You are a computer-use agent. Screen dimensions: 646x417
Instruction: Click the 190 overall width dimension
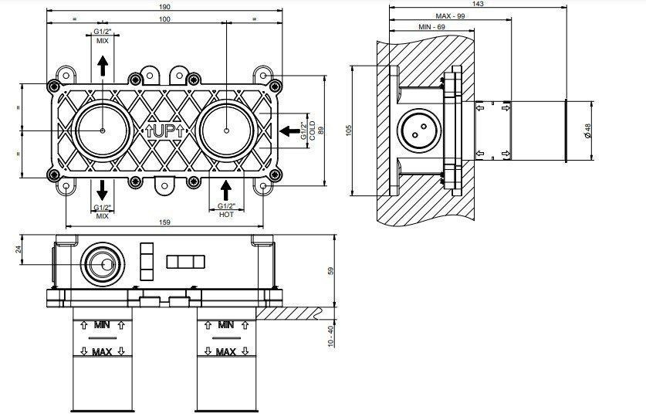coord(164,7)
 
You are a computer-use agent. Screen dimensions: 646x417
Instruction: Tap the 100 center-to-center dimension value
coord(164,19)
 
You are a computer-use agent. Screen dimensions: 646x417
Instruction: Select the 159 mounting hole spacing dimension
coord(164,222)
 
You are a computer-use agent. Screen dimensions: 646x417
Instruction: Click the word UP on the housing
coord(164,131)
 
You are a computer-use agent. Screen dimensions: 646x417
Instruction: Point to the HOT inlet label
coord(226,214)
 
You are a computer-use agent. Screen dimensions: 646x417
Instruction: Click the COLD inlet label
coord(312,131)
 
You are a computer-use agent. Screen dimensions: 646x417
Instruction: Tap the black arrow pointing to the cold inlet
coord(289,131)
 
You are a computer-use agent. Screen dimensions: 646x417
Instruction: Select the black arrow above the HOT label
coord(226,191)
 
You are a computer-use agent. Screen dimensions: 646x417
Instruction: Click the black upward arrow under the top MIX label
coord(103,66)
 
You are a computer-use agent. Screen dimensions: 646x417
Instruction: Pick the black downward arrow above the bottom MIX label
coord(102,190)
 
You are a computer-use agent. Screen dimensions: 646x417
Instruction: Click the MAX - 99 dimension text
coord(450,16)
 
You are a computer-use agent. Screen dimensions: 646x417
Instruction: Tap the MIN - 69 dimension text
coord(431,27)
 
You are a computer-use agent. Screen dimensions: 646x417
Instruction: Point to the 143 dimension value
coord(478,4)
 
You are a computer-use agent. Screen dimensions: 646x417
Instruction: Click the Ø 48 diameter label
coord(588,131)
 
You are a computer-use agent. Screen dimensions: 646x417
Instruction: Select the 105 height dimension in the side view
coord(350,131)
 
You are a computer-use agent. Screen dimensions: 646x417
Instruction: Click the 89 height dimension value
coord(321,131)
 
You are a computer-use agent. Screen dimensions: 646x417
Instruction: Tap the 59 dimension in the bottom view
coord(331,271)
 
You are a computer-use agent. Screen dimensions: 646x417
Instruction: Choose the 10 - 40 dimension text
coord(331,337)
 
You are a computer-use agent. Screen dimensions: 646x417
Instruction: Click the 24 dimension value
coord(18,249)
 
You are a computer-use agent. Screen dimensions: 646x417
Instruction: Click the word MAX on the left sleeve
coord(102,352)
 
